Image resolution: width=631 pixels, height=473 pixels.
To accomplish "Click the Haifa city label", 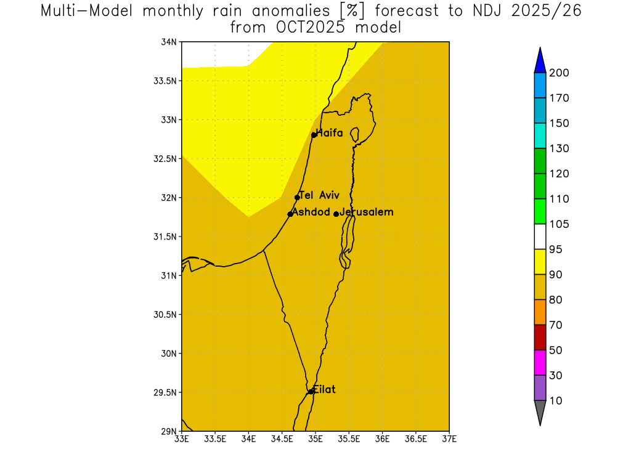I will point(329,133).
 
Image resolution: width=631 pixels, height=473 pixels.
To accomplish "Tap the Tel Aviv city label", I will point(319,195).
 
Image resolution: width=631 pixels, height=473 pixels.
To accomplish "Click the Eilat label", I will point(324,389).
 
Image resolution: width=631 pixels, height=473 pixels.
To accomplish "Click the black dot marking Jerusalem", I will point(336,214).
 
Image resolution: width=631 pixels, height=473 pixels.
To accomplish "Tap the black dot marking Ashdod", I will point(290,214).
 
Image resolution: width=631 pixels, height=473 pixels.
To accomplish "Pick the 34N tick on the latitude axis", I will point(169,42).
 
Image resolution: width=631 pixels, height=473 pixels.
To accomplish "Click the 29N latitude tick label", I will point(169,431).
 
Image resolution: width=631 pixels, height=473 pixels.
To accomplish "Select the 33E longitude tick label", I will point(182,439).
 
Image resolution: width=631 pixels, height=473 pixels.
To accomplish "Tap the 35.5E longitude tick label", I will point(349,439).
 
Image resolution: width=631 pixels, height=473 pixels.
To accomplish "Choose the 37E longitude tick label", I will point(449,439).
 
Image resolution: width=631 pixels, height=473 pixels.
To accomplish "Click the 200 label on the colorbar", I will point(560,73).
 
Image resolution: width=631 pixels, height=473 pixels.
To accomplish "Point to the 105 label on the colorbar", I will point(560,224).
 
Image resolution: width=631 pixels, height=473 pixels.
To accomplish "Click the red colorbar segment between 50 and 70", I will point(540,338).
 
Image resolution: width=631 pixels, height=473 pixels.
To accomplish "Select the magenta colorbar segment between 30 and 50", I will point(540,363).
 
